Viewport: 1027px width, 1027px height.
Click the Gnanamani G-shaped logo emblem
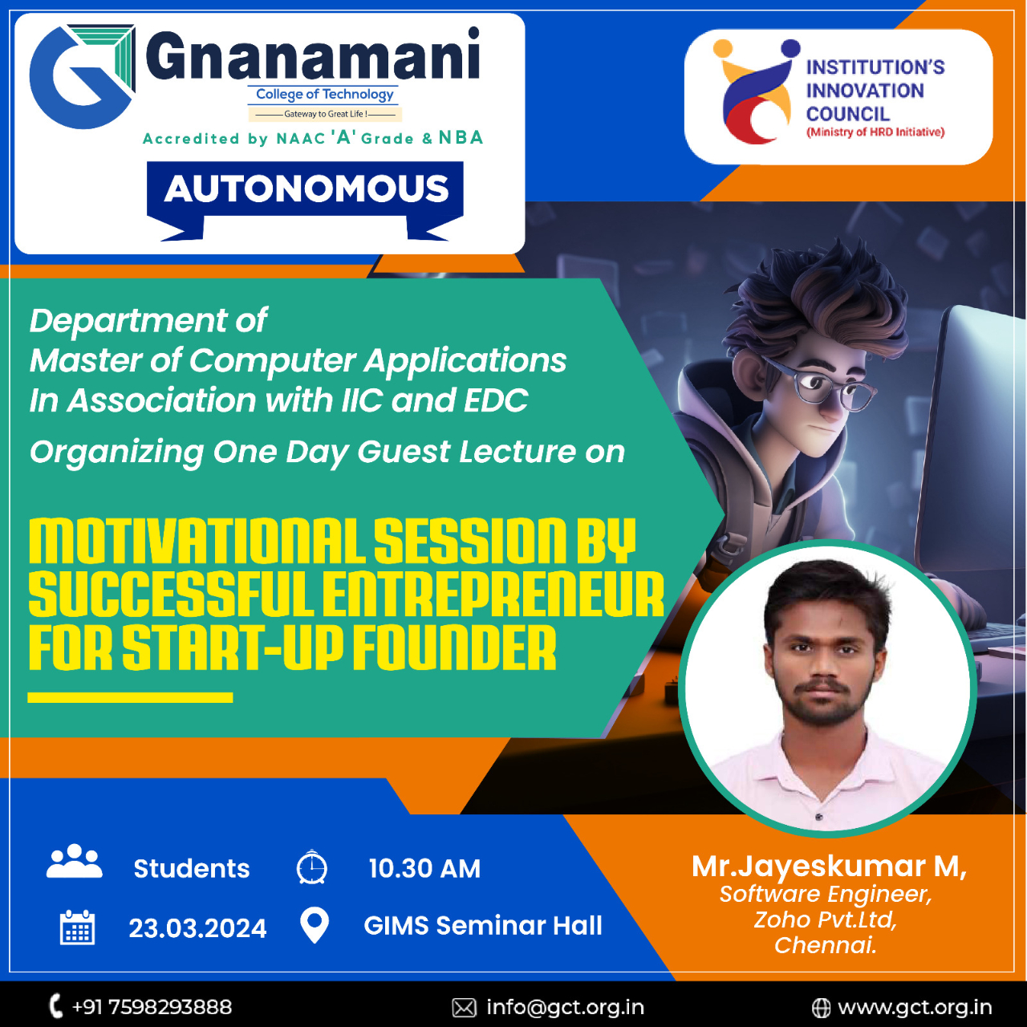tap(80, 77)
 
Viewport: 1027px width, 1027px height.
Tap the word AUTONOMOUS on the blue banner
tap(306, 189)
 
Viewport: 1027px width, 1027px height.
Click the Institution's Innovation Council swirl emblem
tap(757, 91)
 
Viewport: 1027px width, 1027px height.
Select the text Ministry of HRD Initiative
tap(875, 132)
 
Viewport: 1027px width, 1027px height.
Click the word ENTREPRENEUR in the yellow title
tap(493, 594)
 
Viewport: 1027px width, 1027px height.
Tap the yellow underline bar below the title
tap(130, 697)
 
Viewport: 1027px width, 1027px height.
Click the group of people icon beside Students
tap(74, 861)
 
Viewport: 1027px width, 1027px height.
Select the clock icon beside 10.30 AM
tap(312, 867)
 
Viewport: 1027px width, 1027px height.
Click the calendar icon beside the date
tap(77, 928)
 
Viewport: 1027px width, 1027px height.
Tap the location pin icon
tap(315, 926)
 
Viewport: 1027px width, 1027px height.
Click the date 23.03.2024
tap(197, 928)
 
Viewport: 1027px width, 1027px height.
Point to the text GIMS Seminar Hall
tap(483, 926)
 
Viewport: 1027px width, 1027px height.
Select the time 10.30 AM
tap(424, 869)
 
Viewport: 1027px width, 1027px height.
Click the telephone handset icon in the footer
tap(55, 1006)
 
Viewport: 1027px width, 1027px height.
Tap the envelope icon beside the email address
tap(465, 1008)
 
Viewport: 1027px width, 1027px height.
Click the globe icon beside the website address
tap(821, 1008)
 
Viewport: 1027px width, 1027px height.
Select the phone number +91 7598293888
tap(152, 1007)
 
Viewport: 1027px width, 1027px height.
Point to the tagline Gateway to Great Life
tap(325, 114)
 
